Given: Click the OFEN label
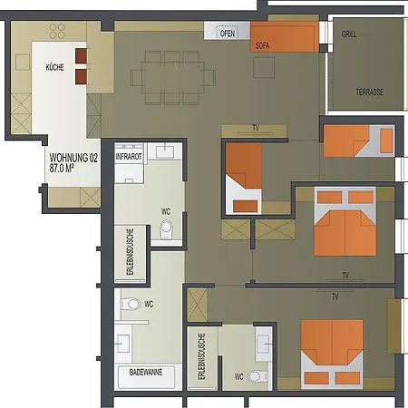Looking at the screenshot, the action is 228,33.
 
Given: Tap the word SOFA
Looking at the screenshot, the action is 262,45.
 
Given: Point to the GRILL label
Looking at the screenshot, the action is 349,34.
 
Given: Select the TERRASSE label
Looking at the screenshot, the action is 370,92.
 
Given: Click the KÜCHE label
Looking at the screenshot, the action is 54,67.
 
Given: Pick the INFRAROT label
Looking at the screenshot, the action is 129,157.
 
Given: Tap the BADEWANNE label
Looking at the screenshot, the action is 146,372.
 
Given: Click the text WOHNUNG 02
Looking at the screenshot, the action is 73,158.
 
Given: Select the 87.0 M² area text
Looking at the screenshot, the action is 62,168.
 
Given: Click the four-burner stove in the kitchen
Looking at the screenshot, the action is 57,31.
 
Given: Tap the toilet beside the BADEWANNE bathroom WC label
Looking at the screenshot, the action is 131,304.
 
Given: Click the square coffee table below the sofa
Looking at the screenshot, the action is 264,67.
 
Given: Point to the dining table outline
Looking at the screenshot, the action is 172,77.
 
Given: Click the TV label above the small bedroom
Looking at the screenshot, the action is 256,128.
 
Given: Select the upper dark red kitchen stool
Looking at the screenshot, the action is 82,56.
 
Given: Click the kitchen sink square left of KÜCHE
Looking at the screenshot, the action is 23,62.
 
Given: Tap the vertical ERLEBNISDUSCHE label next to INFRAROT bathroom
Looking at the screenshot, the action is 130,252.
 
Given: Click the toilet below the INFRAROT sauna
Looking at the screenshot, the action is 166,229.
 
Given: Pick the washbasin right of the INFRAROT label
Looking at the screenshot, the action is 165,151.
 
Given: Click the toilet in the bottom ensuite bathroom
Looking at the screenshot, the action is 257,377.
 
